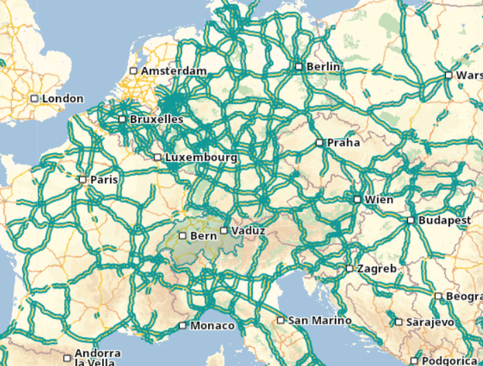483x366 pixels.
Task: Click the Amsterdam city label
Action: pyautogui.click(x=173, y=71)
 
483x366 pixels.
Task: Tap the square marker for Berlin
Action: pyautogui.click(x=299, y=66)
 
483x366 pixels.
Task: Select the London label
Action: pyautogui.click(x=63, y=99)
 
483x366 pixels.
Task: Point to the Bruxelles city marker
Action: pyautogui.click(x=123, y=119)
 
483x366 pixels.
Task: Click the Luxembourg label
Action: pyautogui.click(x=201, y=157)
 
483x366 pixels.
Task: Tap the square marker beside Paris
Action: pyautogui.click(x=83, y=180)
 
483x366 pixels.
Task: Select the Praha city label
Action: pyautogui.click(x=343, y=143)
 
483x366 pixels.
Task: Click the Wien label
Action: pyautogui.click(x=379, y=200)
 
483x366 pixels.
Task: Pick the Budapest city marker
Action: pyautogui.click(x=411, y=221)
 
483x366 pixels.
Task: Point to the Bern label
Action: pyautogui.click(x=203, y=235)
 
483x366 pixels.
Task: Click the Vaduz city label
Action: pyautogui.click(x=248, y=230)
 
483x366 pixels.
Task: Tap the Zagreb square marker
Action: pyautogui.click(x=349, y=269)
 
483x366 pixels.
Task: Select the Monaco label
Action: pyautogui.click(x=212, y=325)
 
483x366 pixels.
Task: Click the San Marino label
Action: pyautogui.click(x=320, y=320)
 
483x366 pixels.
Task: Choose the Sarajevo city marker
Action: pyautogui.click(x=399, y=322)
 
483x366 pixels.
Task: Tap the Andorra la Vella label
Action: pyautogui.click(x=97, y=358)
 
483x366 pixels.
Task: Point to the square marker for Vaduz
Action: pyautogui.click(x=224, y=230)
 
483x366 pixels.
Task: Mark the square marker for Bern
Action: pyautogui.click(x=183, y=235)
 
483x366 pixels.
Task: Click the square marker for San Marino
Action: pyautogui.click(x=280, y=320)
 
